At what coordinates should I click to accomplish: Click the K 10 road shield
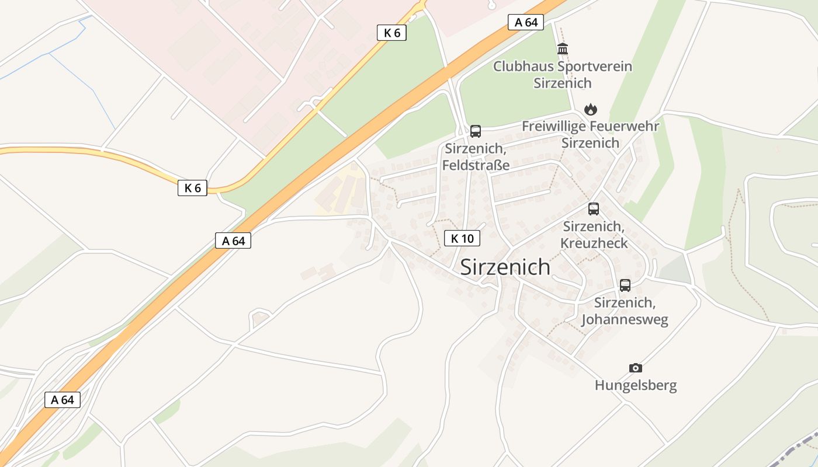point(462,238)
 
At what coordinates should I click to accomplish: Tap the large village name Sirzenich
point(505,267)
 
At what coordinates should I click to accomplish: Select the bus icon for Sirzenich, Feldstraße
point(476,131)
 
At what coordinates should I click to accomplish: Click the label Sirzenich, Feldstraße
point(476,156)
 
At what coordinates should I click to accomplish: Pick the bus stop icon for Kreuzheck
point(594,209)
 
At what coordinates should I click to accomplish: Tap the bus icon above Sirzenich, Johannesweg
point(625,285)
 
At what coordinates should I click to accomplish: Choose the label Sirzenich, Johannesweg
point(625,311)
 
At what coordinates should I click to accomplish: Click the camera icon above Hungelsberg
point(636,368)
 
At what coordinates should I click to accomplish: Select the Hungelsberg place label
point(636,385)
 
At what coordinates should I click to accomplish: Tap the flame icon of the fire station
point(591,109)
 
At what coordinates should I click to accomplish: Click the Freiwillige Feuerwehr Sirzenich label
point(590,134)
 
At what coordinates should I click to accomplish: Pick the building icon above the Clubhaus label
point(563,48)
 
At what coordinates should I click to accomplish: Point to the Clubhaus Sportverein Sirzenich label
point(563,74)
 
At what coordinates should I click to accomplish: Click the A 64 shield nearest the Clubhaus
point(526,22)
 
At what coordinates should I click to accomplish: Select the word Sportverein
point(595,66)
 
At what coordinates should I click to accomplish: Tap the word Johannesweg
point(625,320)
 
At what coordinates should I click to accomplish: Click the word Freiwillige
point(553,126)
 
